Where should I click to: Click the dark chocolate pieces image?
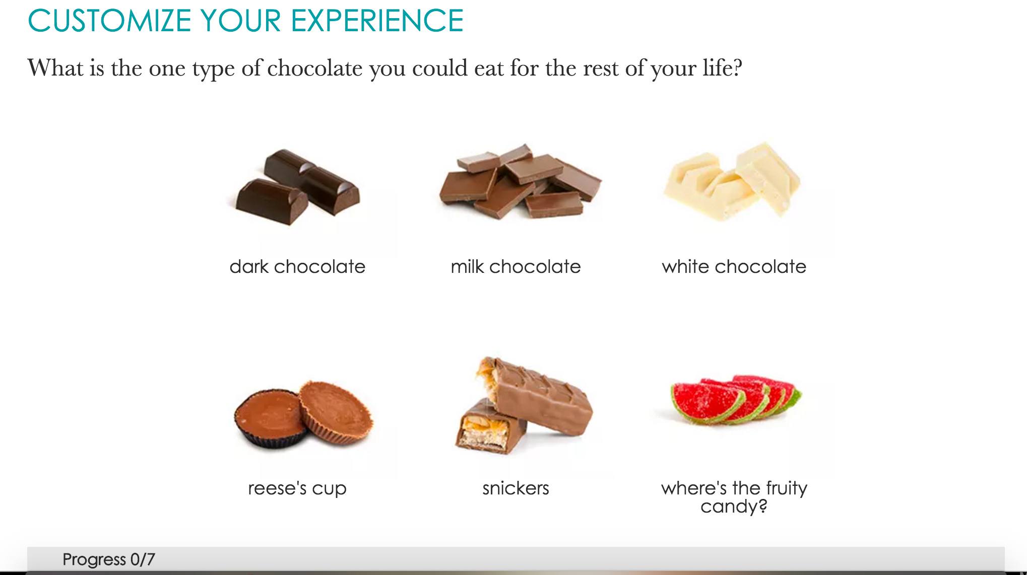pos(298,187)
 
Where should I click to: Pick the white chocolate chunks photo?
pos(732,180)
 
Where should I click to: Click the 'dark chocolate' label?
pos(297,266)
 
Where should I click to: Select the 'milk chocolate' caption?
pos(516,266)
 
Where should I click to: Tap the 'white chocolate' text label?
pos(734,266)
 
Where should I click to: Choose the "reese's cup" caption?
pos(297,488)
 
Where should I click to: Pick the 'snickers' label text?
pos(516,488)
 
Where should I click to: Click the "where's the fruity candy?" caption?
pos(734,496)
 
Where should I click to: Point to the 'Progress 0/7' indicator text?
pos(109,559)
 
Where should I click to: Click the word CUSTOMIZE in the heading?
pos(109,20)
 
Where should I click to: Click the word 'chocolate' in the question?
pos(314,68)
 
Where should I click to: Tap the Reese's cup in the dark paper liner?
pos(270,419)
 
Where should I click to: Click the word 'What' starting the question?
pos(55,68)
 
